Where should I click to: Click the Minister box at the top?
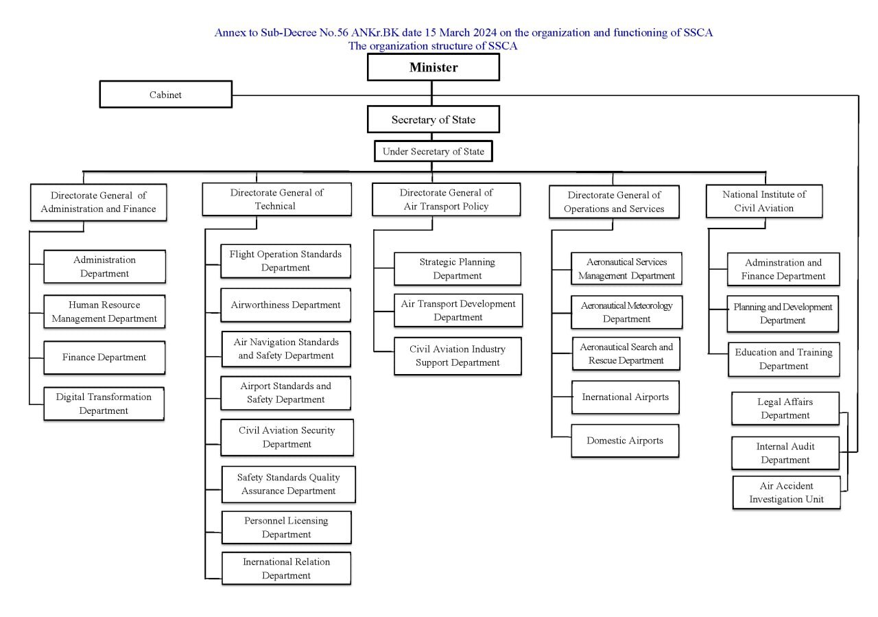(x=433, y=67)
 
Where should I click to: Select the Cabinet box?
(x=166, y=95)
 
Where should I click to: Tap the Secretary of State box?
(x=433, y=119)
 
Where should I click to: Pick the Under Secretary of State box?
(x=433, y=152)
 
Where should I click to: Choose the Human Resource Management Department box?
(x=104, y=312)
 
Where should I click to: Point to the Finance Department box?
(x=104, y=357)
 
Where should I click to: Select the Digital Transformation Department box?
(x=104, y=404)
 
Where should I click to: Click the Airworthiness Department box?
(x=285, y=305)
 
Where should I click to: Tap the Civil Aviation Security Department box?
(x=287, y=437)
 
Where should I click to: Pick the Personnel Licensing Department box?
(x=286, y=527)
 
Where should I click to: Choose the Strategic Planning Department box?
(x=457, y=268)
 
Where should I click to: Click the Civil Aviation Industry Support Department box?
(x=458, y=356)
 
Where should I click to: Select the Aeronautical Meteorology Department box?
(x=626, y=312)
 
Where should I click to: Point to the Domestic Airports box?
(x=625, y=441)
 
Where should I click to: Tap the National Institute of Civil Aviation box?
(x=764, y=201)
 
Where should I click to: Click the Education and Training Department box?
(x=783, y=359)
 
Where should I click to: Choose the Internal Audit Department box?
(x=785, y=453)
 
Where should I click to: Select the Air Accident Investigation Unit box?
(x=786, y=492)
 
